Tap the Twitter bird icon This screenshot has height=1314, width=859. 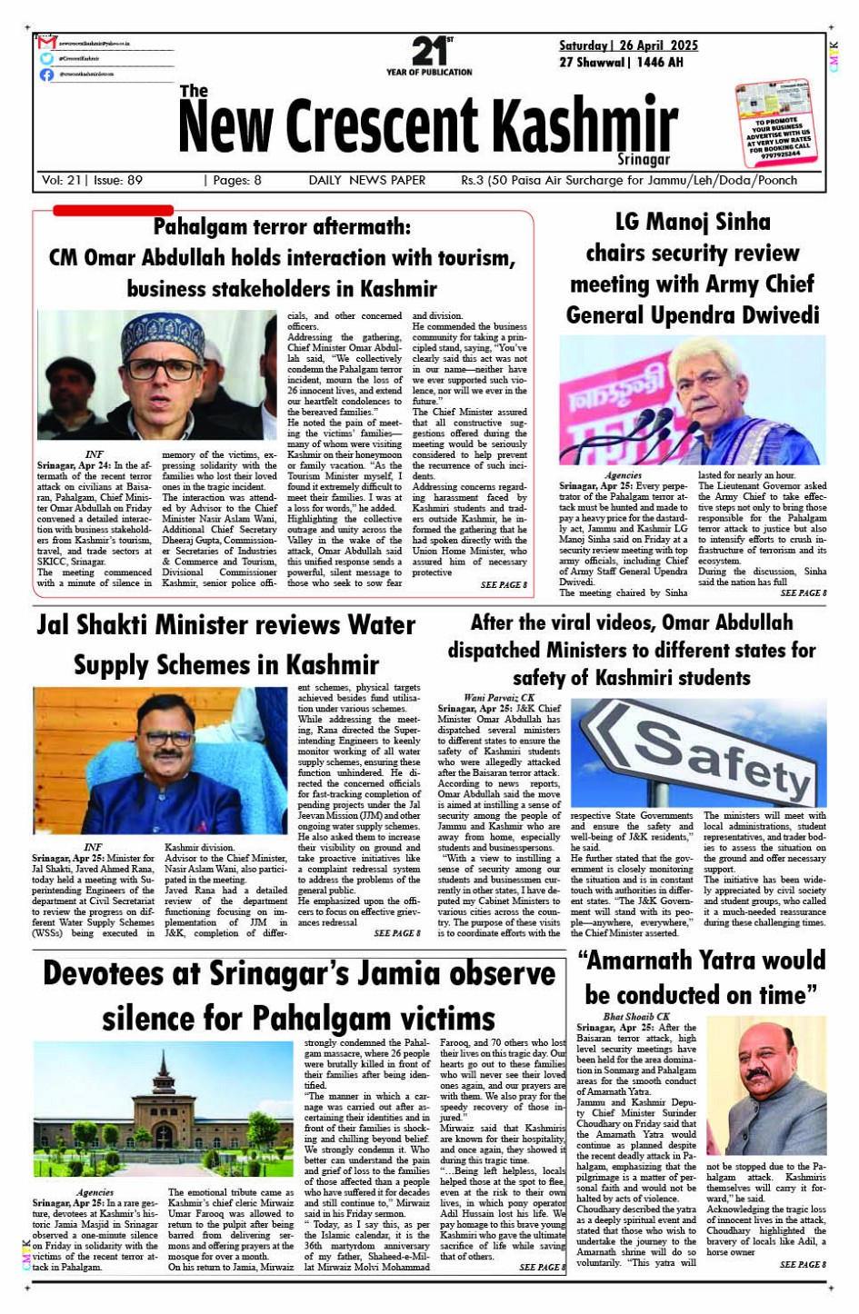pyautogui.click(x=47, y=58)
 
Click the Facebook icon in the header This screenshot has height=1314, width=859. pyautogui.click(x=47, y=75)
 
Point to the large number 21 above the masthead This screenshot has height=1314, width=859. pyautogui.click(x=428, y=51)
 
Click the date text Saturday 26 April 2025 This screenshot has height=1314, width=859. pyautogui.click(x=628, y=45)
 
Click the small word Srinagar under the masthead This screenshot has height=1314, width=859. pyautogui.click(x=643, y=160)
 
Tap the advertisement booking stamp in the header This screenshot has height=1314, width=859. pyautogui.click(x=774, y=123)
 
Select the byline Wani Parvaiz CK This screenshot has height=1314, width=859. pyautogui.click(x=498, y=698)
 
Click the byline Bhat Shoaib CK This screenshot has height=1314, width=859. pyautogui.click(x=635, y=1016)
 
